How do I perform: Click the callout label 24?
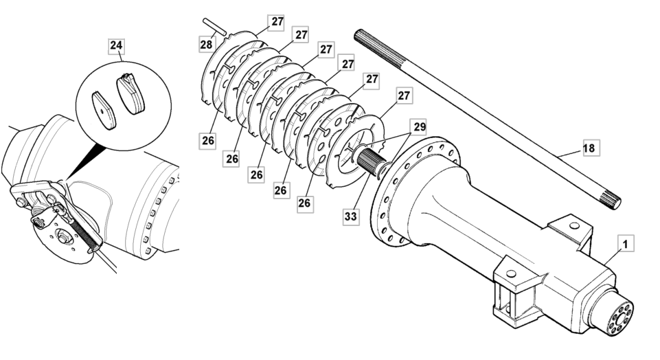(x=117, y=47)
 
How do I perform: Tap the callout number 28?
(x=206, y=45)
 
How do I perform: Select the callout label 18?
(x=590, y=147)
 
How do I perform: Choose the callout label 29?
(x=419, y=127)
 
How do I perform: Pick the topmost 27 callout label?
(x=277, y=21)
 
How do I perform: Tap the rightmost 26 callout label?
(x=305, y=203)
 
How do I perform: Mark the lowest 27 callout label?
(x=405, y=95)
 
